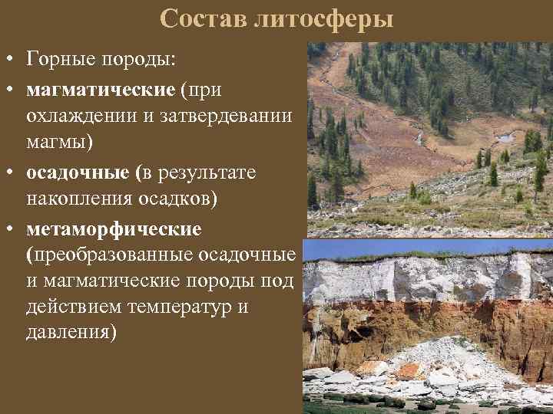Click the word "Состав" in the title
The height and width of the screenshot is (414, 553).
(x=203, y=19)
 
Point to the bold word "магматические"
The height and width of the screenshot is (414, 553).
(x=101, y=89)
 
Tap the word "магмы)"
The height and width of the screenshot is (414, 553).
(x=61, y=143)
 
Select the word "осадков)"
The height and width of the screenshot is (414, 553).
(x=184, y=199)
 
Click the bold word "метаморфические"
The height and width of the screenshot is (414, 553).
(x=114, y=228)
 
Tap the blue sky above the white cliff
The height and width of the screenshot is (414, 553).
(x=430, y=249)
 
